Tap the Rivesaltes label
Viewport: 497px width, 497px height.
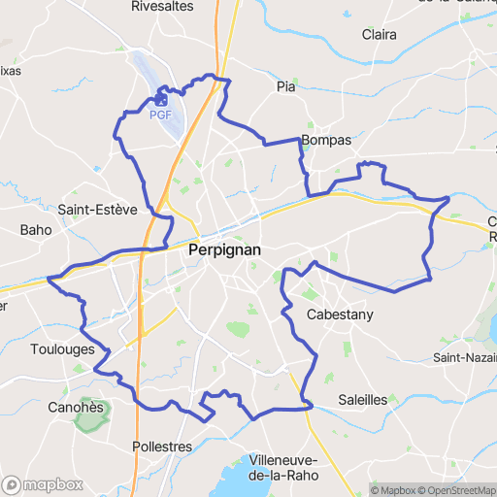[162, 7]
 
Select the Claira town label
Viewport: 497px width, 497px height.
[379, 34]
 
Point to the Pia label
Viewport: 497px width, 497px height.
[285, 86]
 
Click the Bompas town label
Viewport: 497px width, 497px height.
[326, 141]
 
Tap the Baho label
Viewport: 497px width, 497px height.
[35, 230]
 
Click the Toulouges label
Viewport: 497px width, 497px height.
[62, 349]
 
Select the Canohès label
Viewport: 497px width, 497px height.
[76, 408]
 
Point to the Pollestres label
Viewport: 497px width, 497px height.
[162, 447]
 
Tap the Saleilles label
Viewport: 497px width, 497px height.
[363, 400]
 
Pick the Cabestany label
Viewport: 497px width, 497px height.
[340, 315]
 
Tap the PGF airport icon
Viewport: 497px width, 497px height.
[161, 99]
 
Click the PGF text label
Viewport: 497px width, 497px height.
[161, 115]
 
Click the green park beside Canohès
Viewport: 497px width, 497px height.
[95, 412]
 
